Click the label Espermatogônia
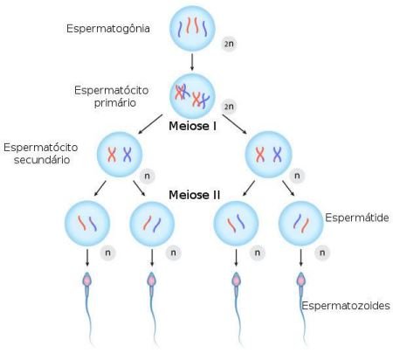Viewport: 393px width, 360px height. click(108, 29)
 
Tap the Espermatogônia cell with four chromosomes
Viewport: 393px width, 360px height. click(192, 29)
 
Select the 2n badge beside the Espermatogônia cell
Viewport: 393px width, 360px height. click(229, 44)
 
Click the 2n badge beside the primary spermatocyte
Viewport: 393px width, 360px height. click(229, 107)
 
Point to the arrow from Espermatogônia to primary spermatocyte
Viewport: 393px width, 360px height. click(192, 61)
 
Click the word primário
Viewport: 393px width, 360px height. click(115, 103)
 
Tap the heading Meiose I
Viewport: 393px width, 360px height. click(192, 126)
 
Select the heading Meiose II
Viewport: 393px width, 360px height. click(194, 195)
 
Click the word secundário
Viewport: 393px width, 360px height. click(42, 160)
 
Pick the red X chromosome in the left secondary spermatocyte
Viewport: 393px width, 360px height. click(112, 155)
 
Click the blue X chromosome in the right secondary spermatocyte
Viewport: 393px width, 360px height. click(278, 155)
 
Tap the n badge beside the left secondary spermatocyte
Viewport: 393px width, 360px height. click(148, 176)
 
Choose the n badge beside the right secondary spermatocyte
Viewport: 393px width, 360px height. click(297, 176)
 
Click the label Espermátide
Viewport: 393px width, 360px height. click(357, 218)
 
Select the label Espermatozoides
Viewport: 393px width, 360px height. click(346, 306)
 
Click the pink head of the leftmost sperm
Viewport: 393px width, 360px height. click(87, 280)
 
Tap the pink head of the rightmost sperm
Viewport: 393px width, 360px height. click(300, 280)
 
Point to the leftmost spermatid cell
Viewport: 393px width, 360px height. click(87, 224)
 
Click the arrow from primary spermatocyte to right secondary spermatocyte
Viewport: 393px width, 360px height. click(234, 124)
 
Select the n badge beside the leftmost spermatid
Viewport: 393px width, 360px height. click(107, 253)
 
